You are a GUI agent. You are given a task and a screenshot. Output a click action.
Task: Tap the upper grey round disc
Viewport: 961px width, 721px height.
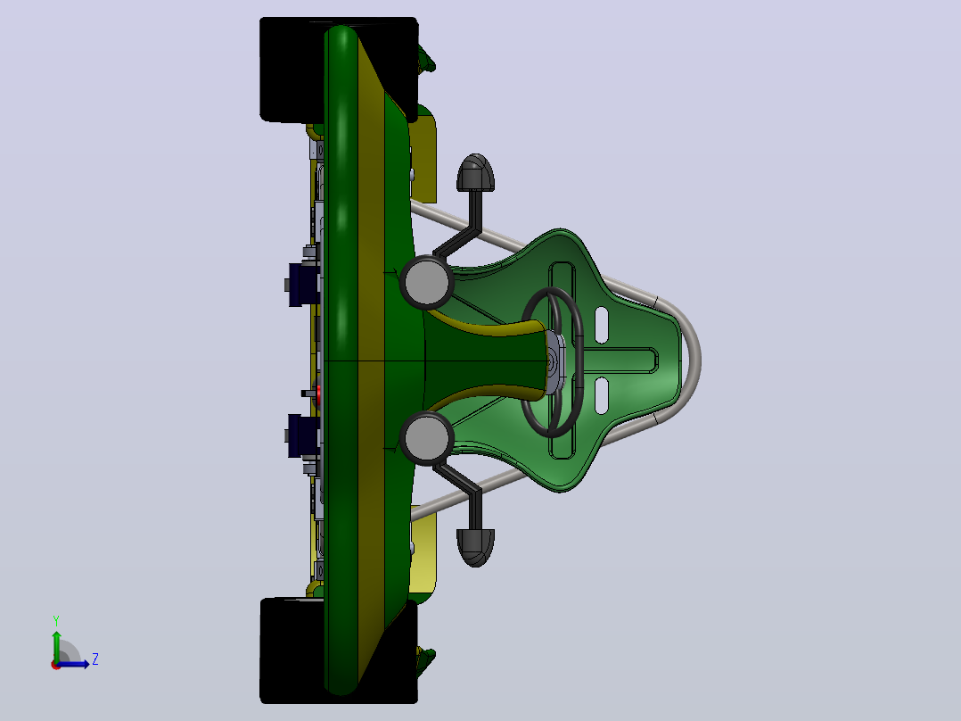tap(426, 282)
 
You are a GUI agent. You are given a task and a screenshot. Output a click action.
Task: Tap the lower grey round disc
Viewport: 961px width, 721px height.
tap(426, 437)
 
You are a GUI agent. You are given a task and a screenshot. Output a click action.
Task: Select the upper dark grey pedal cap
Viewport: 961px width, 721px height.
tap(476, 172)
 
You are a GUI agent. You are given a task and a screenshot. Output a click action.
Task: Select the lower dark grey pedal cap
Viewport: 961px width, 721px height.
tap(476, 547)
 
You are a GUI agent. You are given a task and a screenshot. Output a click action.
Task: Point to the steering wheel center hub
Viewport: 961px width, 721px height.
tap(554, 362)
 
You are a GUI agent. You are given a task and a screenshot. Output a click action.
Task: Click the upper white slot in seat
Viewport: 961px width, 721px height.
tap(601, 325)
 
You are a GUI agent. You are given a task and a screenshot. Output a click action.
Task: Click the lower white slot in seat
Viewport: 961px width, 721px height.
tap(601, 395)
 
